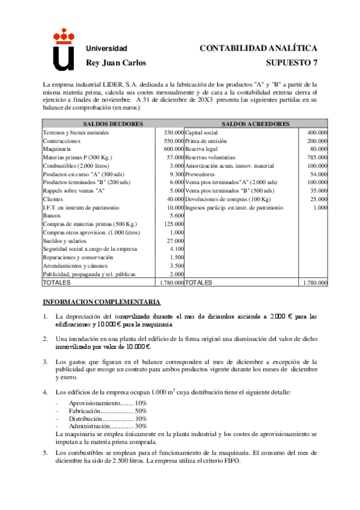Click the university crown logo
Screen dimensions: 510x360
point(63,51)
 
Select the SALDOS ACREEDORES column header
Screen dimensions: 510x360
point(255,123)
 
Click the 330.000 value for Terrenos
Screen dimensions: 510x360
point(173,132)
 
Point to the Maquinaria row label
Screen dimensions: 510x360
point(58,148)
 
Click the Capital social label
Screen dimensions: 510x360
point(201,132)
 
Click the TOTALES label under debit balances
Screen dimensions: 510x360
point(56,282)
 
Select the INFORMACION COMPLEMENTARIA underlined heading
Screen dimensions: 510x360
point(101,301)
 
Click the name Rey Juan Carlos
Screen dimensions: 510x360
point(116,62)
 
